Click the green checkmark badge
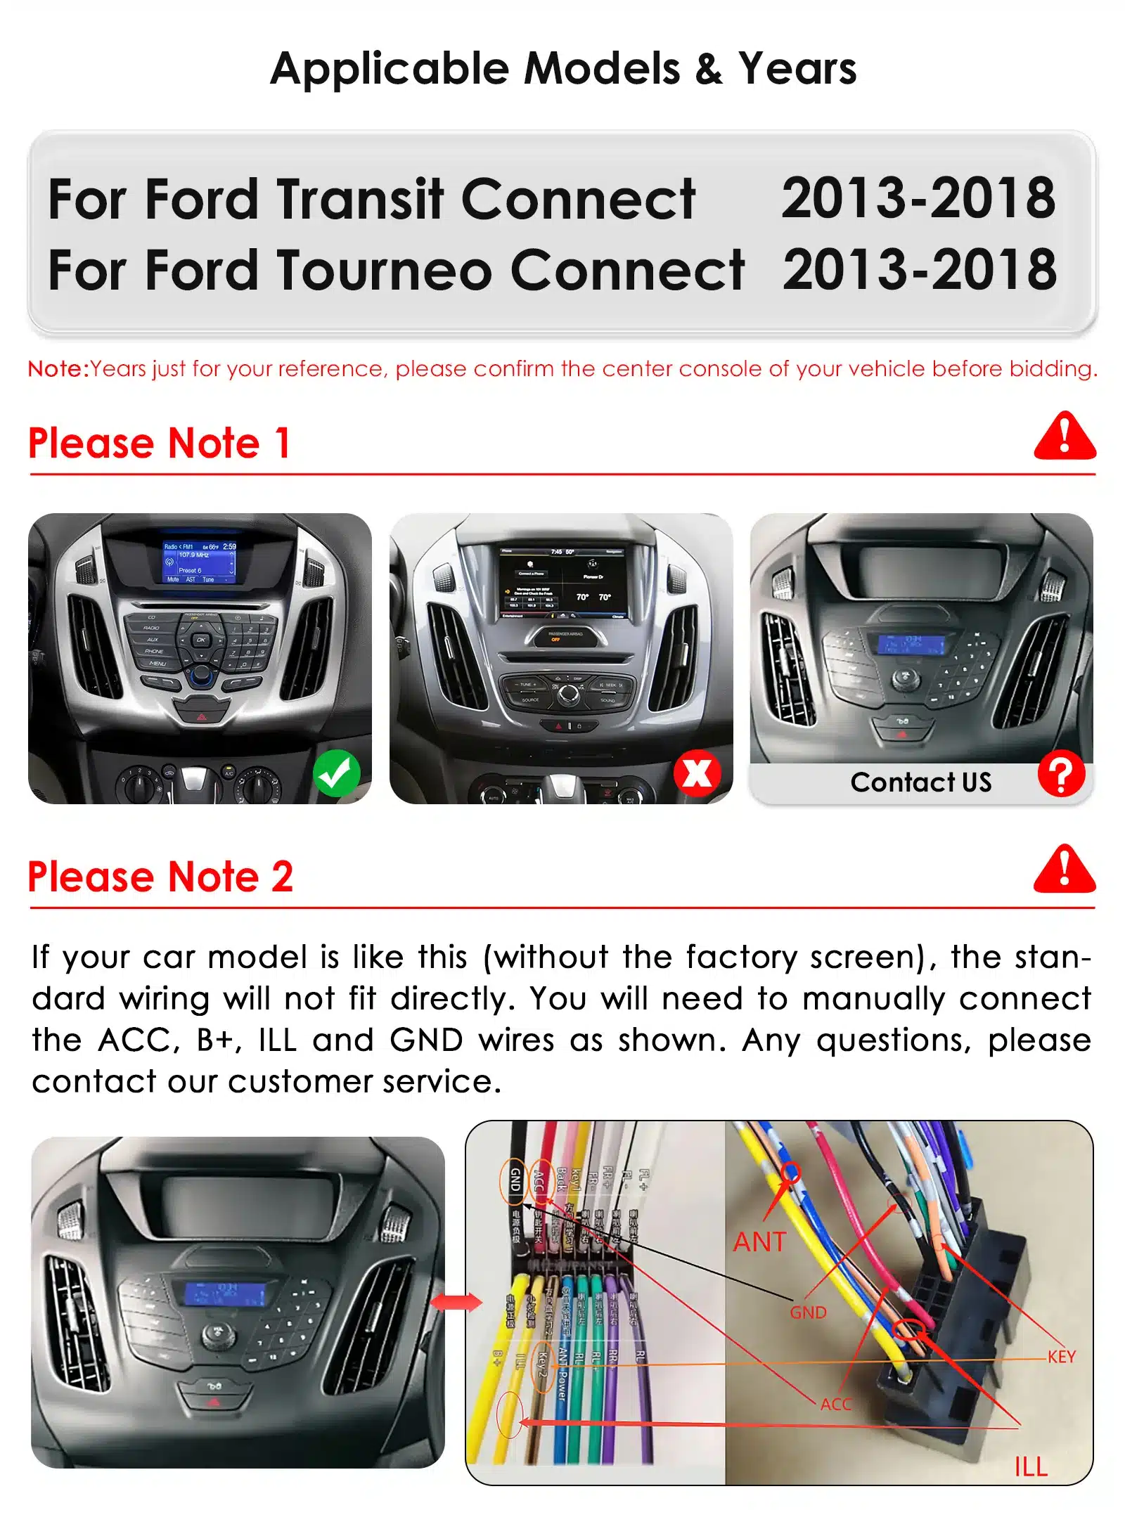click(x=336, y=773)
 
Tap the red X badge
click(x=697, y=773)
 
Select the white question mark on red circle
click(x=1061, y=773)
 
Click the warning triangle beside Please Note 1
click(x=1065, y=437)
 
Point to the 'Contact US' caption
click(x=920, y=782)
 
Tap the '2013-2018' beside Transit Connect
click(x=918, y=198)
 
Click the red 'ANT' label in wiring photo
click(x=759, y=1242)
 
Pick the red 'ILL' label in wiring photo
click(x=1031, y=1466)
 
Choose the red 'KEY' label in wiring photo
click(x=1061, y=1357)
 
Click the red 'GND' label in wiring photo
click(x=808, y=1312)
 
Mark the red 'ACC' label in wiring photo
click(x=836, y=1404)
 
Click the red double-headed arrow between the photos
click(x=456, y=1303)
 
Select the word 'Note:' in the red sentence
click(x=58, y=368)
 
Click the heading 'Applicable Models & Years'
click(x=563, y=69)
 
